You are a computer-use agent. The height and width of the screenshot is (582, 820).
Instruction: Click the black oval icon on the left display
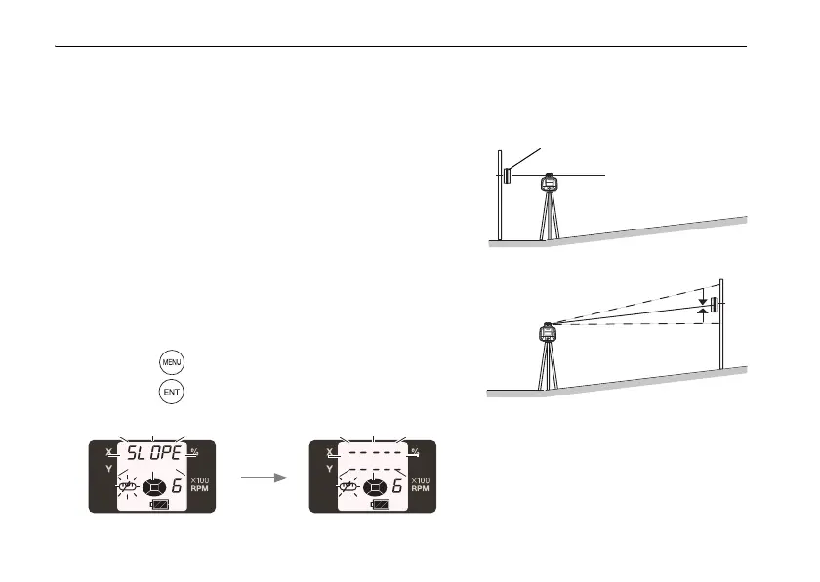pyautogui.click(x=153, y=485)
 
